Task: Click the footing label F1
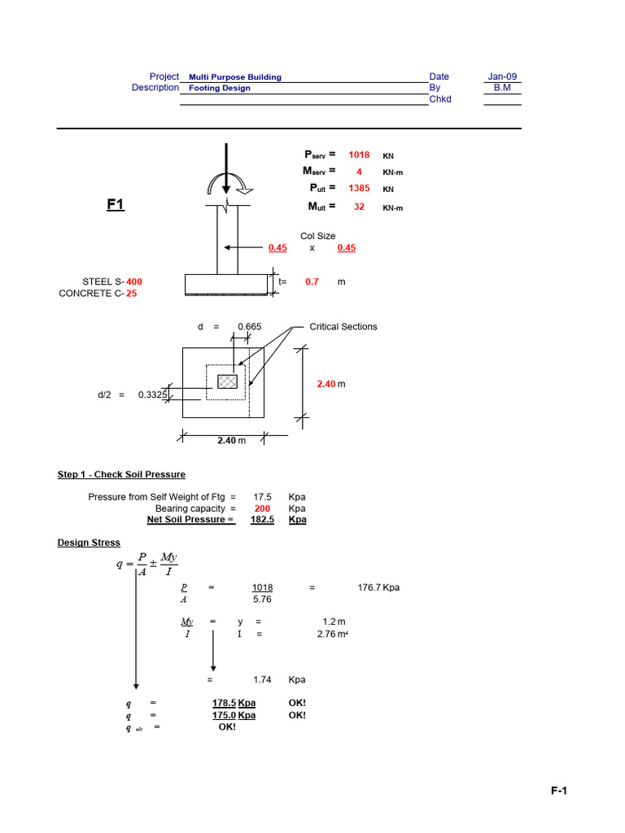tap(116, 206)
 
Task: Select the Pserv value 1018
tap(359, 155)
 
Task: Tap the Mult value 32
tap(359, 207)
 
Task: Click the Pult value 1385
tap(359, 188)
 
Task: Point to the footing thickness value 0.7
tap(312, 281)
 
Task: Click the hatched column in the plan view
tap(227, 382)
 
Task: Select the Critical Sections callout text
tap(343, 326)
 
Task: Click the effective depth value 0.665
tap(249, 326)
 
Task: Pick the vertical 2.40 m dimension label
tap(330, 383)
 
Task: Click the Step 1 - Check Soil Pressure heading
tap(121, 474)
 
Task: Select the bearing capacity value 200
tap(262, 508)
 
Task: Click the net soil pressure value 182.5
tap(262, 520)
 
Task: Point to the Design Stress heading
tap(89, 543)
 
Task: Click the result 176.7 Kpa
tap(378, 587)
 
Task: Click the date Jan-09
tap(502, 76)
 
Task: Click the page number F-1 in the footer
tap(562, 791)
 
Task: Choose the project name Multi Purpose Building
tap(235, 77)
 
